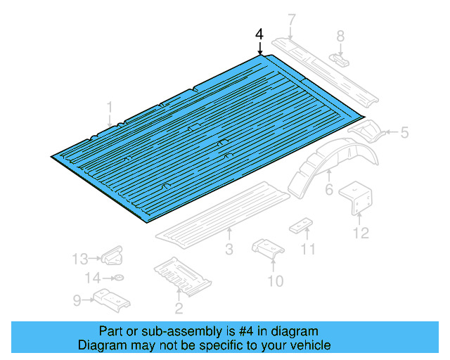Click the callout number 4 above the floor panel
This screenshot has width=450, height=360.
tap(259, 34)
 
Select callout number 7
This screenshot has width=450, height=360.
tap(292, 20)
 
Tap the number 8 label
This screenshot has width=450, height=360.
tap(340, 36)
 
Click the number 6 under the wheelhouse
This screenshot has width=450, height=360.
tap(328, 191)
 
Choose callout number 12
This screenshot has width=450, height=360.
tap(361, 233)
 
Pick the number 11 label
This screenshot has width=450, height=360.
tap(309, 250)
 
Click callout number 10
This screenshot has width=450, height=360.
tap(276, 281)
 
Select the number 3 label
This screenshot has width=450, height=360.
tap(229, 250)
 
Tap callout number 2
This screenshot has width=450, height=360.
tap(179, 307)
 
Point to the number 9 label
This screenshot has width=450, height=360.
tap(77, 300)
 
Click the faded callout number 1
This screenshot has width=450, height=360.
tap(110, 107)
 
